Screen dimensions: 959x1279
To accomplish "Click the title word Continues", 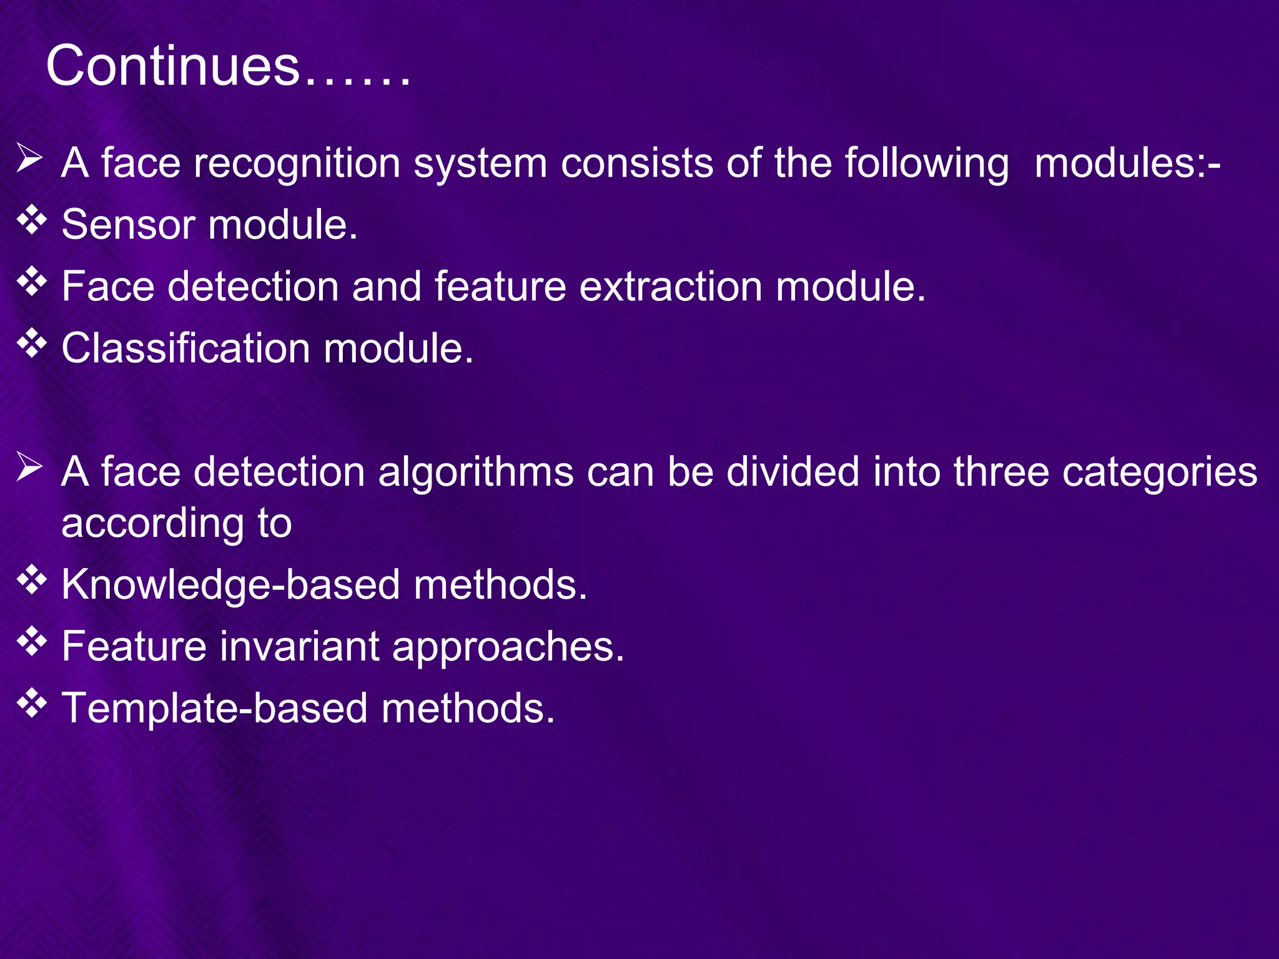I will click(x=173, y=66).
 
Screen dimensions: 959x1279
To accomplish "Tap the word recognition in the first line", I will click(x=297, y=163).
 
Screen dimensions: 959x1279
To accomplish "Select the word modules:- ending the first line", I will click(x=1127, y=163).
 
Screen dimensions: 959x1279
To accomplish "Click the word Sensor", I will click(x=128, y=224).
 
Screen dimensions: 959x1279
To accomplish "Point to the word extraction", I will click(x=671, y=287).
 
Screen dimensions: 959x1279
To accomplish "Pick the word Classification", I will click(x=185, y=348).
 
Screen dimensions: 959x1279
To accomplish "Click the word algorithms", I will click(x=476, y=471).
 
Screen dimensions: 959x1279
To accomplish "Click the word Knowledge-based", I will click(x=230, y=585).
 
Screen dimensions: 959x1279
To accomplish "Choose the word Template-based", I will click(x=214, y=709).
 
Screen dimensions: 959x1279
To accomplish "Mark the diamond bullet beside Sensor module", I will click(x=32, y=220).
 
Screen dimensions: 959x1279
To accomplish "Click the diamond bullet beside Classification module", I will click(x=32, y=344).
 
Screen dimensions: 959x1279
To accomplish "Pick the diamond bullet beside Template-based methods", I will click(x=32, y=704).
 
